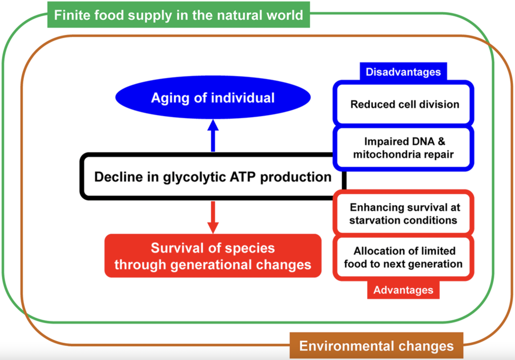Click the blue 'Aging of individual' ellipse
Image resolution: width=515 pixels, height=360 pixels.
pos(213,98)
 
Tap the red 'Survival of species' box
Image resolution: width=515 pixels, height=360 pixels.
pos(213,256)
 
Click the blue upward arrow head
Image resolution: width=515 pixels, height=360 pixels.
pos(213,126)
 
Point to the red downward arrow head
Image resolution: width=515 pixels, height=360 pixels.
pos(213,227)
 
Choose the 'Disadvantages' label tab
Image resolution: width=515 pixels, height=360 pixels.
pos(403,72)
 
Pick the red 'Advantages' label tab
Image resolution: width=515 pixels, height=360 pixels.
pos(403,290)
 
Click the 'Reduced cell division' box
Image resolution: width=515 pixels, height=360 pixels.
pos(403,104)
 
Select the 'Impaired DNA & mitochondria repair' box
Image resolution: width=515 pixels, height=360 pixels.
pos(403,148)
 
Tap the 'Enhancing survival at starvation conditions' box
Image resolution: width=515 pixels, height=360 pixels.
pos(403,213)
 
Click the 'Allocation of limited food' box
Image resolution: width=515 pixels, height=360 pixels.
pos(403,257)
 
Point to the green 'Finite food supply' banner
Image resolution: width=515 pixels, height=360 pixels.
pos(178,15)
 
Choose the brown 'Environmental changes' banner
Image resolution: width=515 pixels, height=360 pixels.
pos(376,346)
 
